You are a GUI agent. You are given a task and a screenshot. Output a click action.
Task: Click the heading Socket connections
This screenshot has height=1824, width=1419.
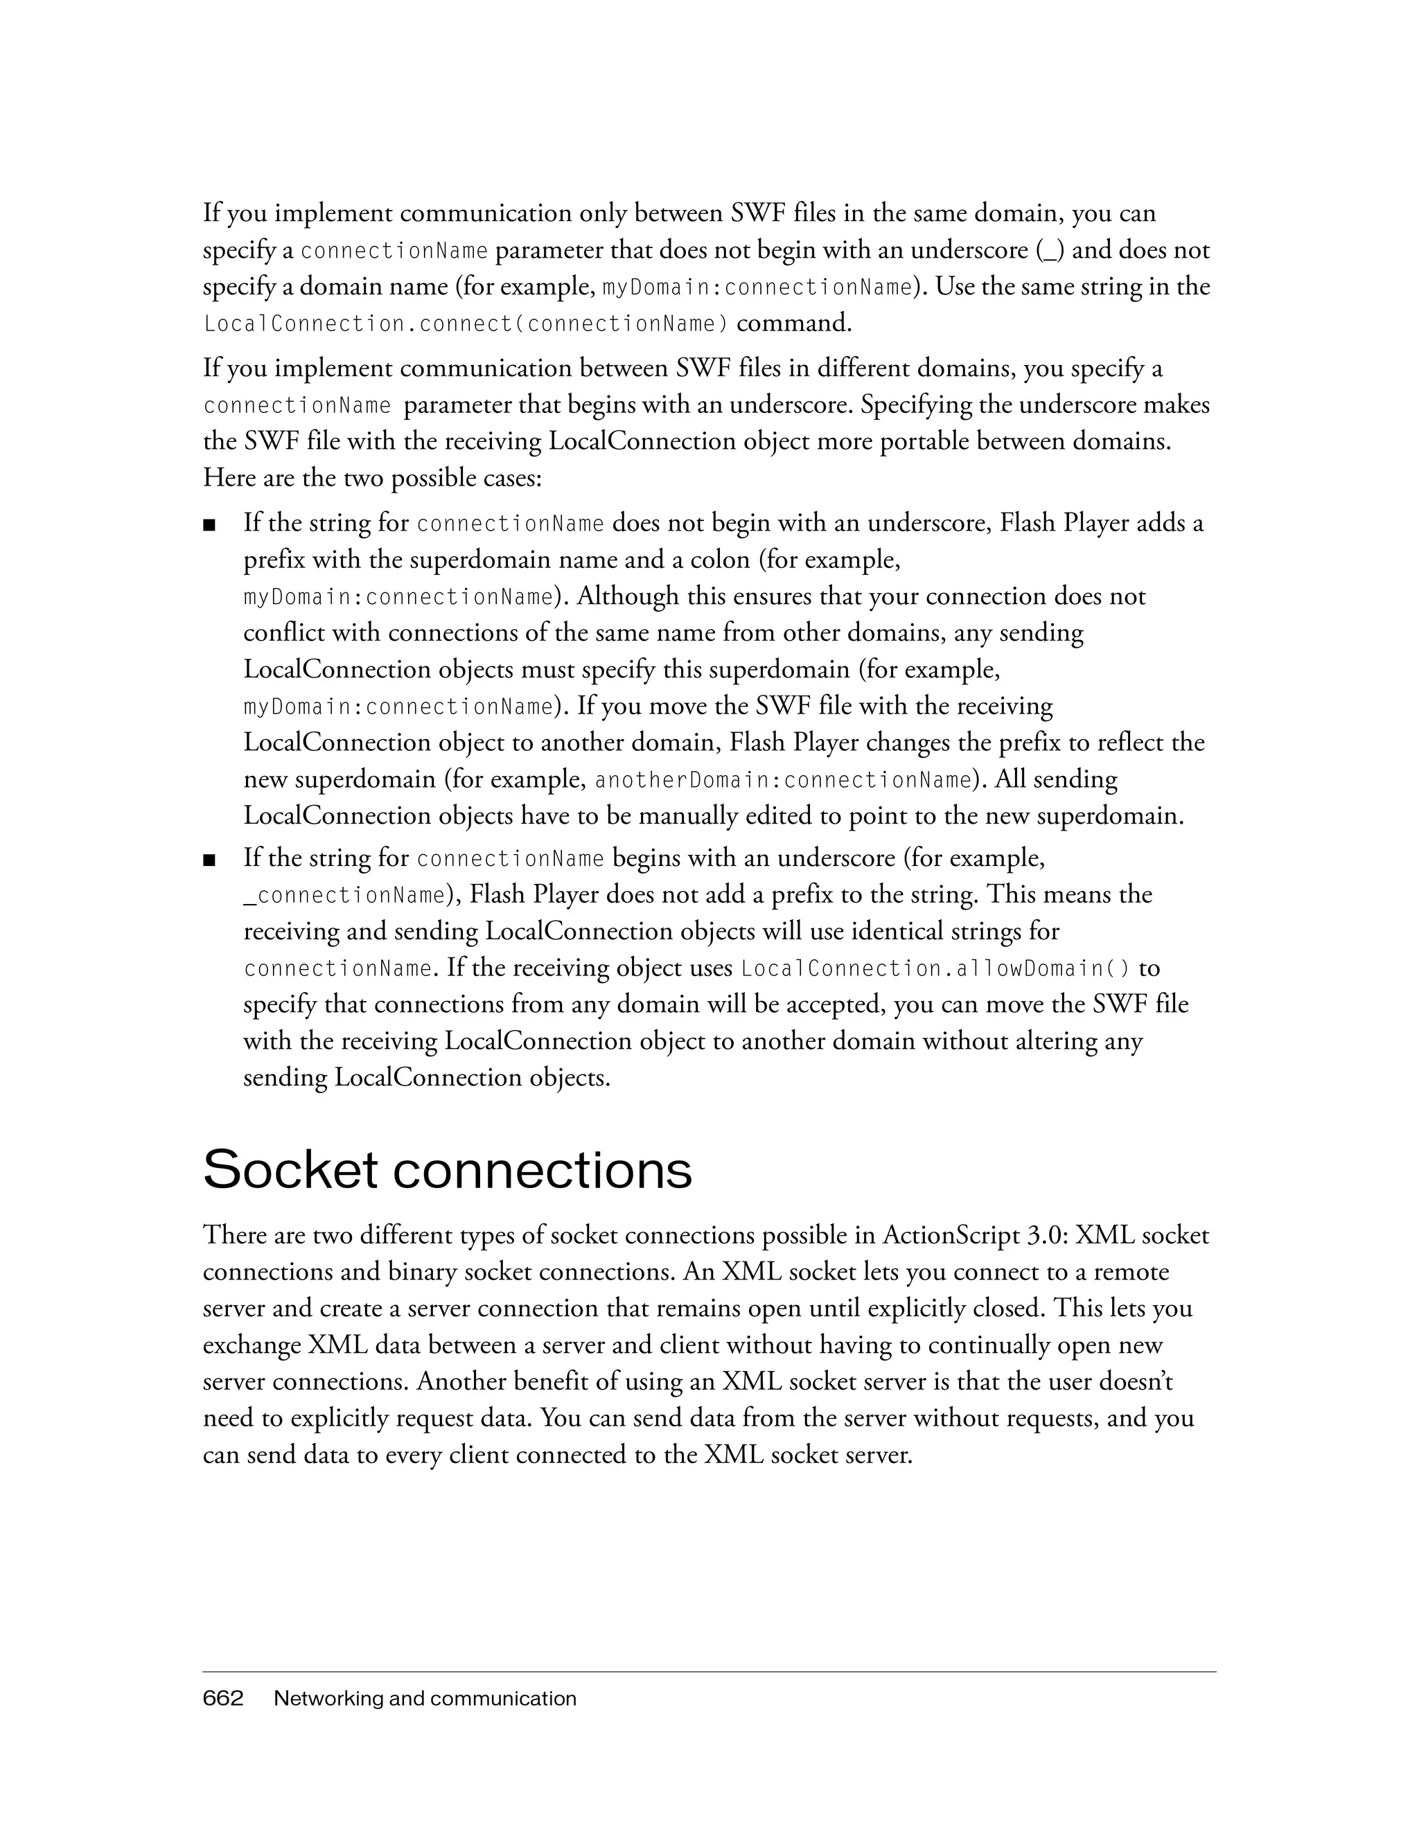pos(447,1170)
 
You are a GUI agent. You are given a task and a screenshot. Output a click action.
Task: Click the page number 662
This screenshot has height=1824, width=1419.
pos(223,1698)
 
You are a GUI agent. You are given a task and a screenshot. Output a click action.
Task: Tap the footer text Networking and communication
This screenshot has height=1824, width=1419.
pos(425,1698)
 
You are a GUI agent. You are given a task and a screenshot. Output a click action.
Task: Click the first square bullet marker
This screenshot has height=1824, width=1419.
pos(210,525)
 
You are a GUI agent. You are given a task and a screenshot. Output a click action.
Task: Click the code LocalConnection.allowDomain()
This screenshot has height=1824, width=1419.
pos(935,968)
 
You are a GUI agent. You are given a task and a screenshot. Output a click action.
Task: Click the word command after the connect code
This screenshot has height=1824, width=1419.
pos(793,324)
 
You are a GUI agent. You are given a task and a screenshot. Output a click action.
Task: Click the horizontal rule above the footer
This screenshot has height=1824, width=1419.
pos(709,1672)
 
